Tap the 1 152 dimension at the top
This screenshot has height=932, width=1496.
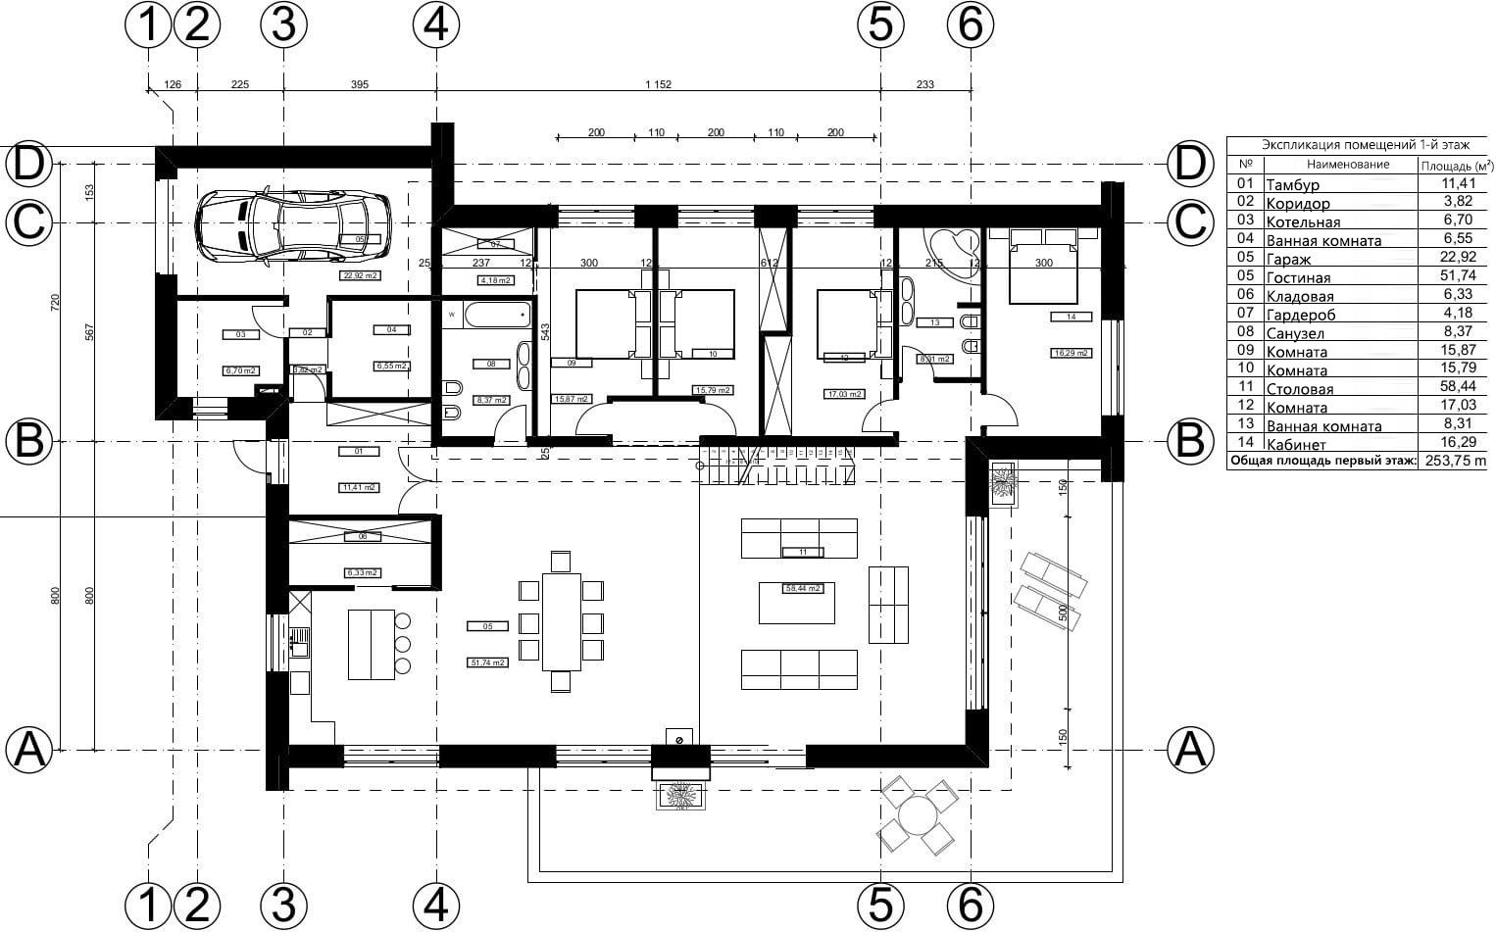pyautogui.click(x=658, y=85)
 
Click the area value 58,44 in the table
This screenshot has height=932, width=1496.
pyautogui.click(x=1456, y=388)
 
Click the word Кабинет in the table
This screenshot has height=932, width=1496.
pyautogui.click(x=1296, y=445)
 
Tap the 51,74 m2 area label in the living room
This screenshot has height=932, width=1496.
pyautogui.click(x=487, y=662)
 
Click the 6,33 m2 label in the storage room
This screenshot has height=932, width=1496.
pyautogui.click(x=362, y=572)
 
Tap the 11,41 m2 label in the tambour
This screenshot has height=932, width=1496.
pyautogui.click(x=358, y=487)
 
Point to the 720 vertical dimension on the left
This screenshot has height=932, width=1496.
pyautogui.click(x=56, y=302)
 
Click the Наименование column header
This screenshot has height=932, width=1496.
pyautogui.click(x=1348, y=165)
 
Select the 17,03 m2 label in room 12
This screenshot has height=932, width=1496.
pyautogui.click(x=843, y=394)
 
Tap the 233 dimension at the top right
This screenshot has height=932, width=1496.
pyautogui.click(x=924, y=85)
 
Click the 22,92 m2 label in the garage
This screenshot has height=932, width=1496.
pyautogui.click(x=360, y=276)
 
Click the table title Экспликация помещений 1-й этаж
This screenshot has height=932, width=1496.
pyautogui.click(x=1358, y=144)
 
